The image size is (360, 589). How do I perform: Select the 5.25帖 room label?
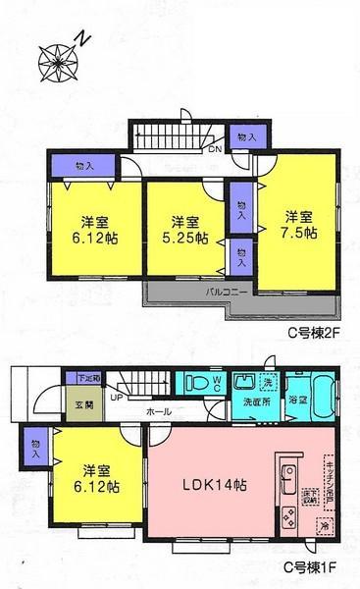click(x=185, y=229)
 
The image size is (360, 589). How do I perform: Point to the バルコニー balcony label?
click(x=198, y=292)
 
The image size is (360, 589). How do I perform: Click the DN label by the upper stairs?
click(x=213, y=150)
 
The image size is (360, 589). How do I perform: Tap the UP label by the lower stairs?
click(x=116, y=399)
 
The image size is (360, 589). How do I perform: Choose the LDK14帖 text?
click(x=213, y=483)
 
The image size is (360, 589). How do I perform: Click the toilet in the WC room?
click(x=194, y=384)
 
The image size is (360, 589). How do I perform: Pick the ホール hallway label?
click(x=161, y=412)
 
